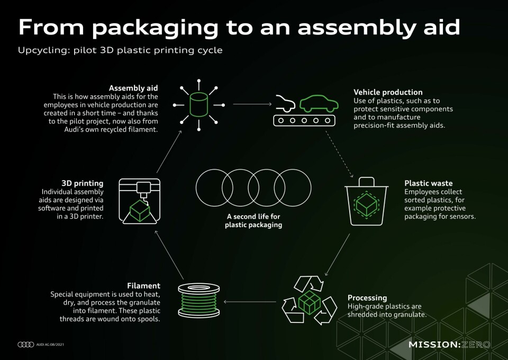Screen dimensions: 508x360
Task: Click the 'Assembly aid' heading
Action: [133, 88]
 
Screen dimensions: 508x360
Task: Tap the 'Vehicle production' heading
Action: [388, 92]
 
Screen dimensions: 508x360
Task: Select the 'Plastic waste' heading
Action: [428, 183]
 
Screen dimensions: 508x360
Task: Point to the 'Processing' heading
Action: [367, 298]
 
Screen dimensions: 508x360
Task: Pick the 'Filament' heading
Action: [143, 285]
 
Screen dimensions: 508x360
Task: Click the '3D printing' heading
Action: [83, 183]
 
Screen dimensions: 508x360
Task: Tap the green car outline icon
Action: [319, 104]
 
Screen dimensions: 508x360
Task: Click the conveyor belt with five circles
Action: [304, 121]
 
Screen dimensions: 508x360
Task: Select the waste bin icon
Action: [366, 201]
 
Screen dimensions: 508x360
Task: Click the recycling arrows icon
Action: [310, 300]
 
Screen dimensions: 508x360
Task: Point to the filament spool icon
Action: [199, 300]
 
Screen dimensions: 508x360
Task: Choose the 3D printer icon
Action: [140, 201]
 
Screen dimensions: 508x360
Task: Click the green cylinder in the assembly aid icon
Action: [198, 105]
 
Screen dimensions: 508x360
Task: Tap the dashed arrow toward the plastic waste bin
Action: [339, 154]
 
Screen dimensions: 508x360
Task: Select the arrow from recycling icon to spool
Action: [250, 302]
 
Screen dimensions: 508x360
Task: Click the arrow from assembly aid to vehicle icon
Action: [252, 104]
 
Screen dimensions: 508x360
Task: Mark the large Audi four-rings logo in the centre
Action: [253, 187]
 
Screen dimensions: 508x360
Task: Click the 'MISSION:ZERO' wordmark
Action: [449, 345]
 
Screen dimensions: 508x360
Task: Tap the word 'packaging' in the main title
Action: [155, 28]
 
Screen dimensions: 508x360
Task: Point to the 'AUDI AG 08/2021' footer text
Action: [50, 345]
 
